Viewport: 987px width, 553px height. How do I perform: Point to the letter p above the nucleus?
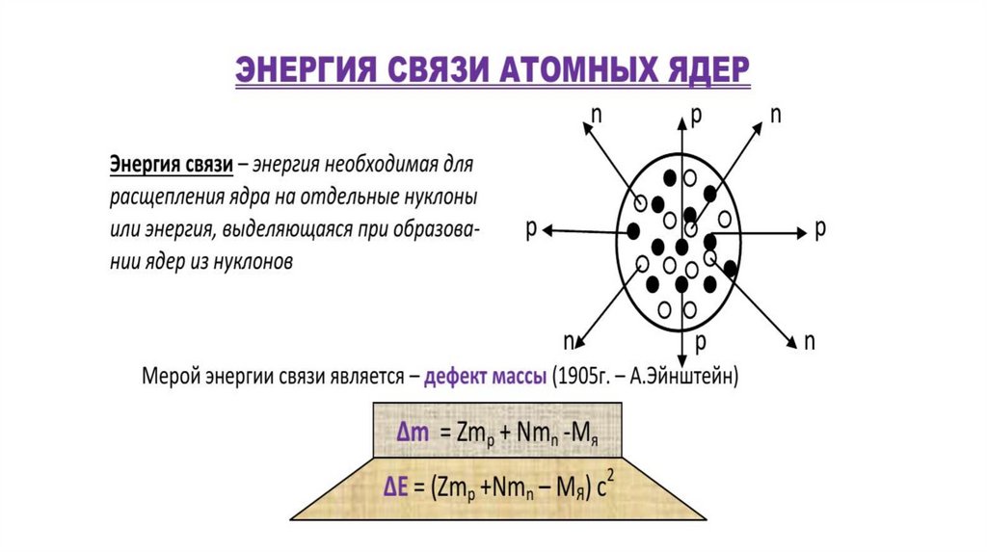(x=696, y=115)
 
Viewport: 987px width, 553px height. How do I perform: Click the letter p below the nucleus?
(x=701, y=342)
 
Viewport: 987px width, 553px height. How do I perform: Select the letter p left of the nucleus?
(x=531, y=229)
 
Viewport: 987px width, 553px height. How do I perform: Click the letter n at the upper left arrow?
(x=597, y=113)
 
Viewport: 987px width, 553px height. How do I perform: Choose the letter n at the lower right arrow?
(x=810, y=341)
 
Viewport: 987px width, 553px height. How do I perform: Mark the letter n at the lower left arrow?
(x=570, y=341)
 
